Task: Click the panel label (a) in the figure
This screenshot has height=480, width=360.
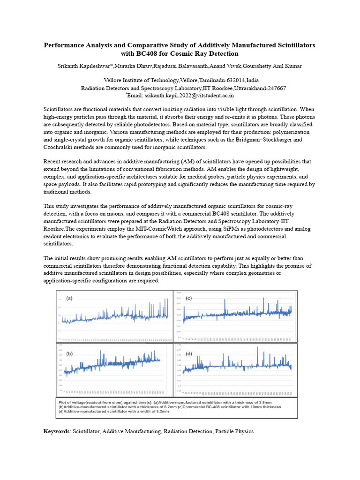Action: click(69, 298)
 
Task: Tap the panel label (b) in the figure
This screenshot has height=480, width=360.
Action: click(69, 353)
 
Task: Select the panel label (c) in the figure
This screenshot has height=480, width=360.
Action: click(189, 298)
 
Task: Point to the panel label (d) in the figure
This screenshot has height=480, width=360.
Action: click(189, 353)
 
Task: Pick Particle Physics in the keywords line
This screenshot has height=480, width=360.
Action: click(234, 431)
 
